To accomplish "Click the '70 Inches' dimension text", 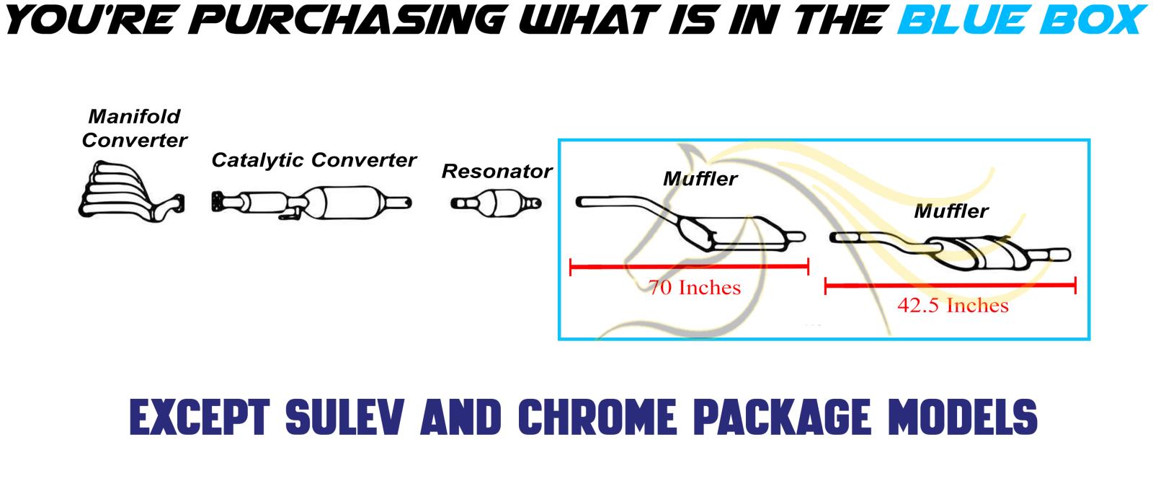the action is [695, 288].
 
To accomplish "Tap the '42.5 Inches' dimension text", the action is [953, 306].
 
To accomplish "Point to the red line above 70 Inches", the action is [689, 267].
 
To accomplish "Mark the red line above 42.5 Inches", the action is [951, 286].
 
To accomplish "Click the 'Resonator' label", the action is [497, 172].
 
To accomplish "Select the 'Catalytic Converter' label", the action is [313, 160].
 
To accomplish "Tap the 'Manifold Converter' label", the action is [134, 128].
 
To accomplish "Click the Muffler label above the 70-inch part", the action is [700, 179].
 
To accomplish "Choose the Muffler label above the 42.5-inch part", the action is [951, 211].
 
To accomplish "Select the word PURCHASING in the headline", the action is [347, 19].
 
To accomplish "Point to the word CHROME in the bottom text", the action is [597, 418].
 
